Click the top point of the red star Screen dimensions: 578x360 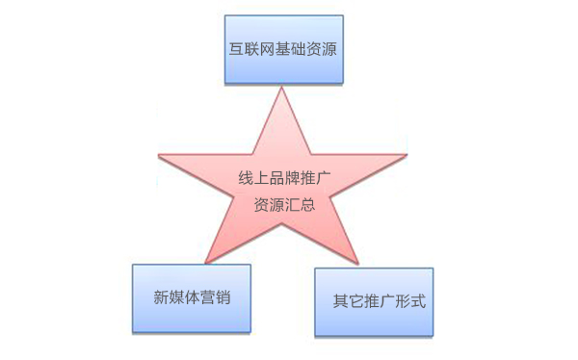[280, 90]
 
